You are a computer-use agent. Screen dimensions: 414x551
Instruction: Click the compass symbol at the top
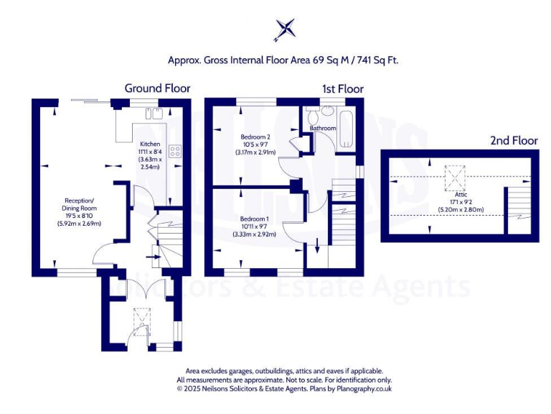pyautogui.click(x=285, y=29)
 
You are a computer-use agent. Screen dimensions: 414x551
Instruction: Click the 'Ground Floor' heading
pyautogui.click(x=157, y=88)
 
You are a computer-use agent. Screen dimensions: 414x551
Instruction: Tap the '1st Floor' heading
pyautogui.click(x=342, y=88)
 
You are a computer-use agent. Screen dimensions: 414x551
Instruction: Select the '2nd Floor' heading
pyautogui.click(x=513, y=141)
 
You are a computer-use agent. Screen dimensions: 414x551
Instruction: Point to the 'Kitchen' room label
pyautogui.click(x=150, y=144)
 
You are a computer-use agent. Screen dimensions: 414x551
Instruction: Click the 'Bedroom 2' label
pyautogui.click(x=255, y=137)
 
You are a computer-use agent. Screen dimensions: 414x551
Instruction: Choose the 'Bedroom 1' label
pyautogui.click(x=255, y=218)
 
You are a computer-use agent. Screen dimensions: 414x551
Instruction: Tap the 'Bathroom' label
pyautogui.click(x=323, y=128)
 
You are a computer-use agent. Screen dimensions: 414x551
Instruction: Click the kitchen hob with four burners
pyautogui.click(x=174, y=151)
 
